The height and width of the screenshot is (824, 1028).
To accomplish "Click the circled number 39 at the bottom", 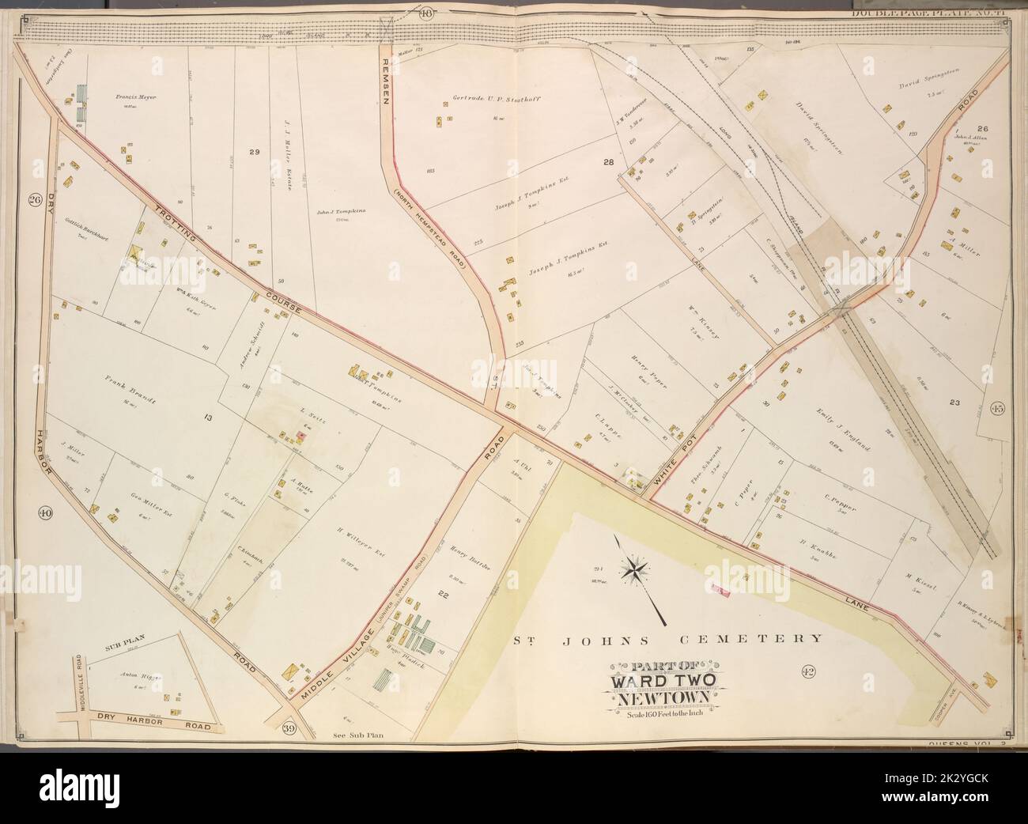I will pos(289,729).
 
